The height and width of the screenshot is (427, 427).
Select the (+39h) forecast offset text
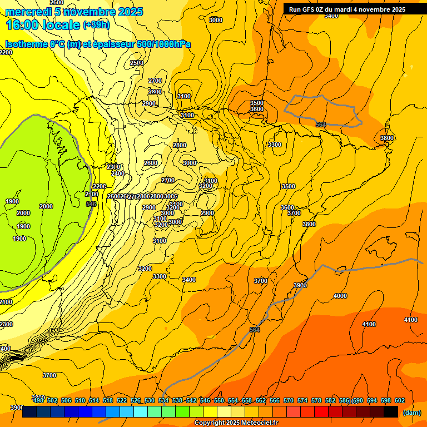click(96, 25)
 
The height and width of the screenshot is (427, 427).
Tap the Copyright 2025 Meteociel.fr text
click(236, 423)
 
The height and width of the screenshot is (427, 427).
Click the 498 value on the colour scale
click(38, 400)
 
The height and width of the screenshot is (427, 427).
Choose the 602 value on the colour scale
click(399, 400)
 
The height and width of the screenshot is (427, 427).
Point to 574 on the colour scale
click(302, 400)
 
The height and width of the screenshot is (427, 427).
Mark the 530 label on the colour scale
click(150, 400)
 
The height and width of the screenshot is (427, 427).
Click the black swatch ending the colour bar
click(390, 412)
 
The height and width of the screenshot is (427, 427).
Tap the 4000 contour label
click(340, 296)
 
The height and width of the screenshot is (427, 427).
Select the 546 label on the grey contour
click(91, 205)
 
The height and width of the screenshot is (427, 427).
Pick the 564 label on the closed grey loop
click(320, 125)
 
